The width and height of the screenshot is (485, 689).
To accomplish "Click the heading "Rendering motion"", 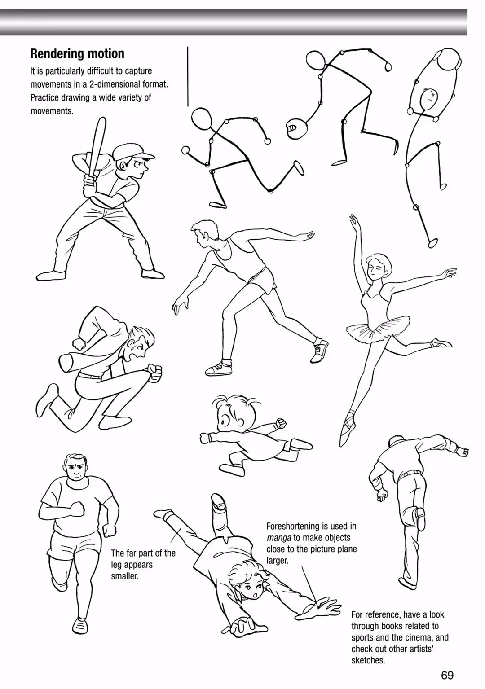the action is pyautogui.click(x=77, y=54).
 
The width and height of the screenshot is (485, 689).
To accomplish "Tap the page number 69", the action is pyautogui.click(x=447, y=675).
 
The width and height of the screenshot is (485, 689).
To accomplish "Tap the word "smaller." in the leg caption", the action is pyautogui.click(x=125, y=576).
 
